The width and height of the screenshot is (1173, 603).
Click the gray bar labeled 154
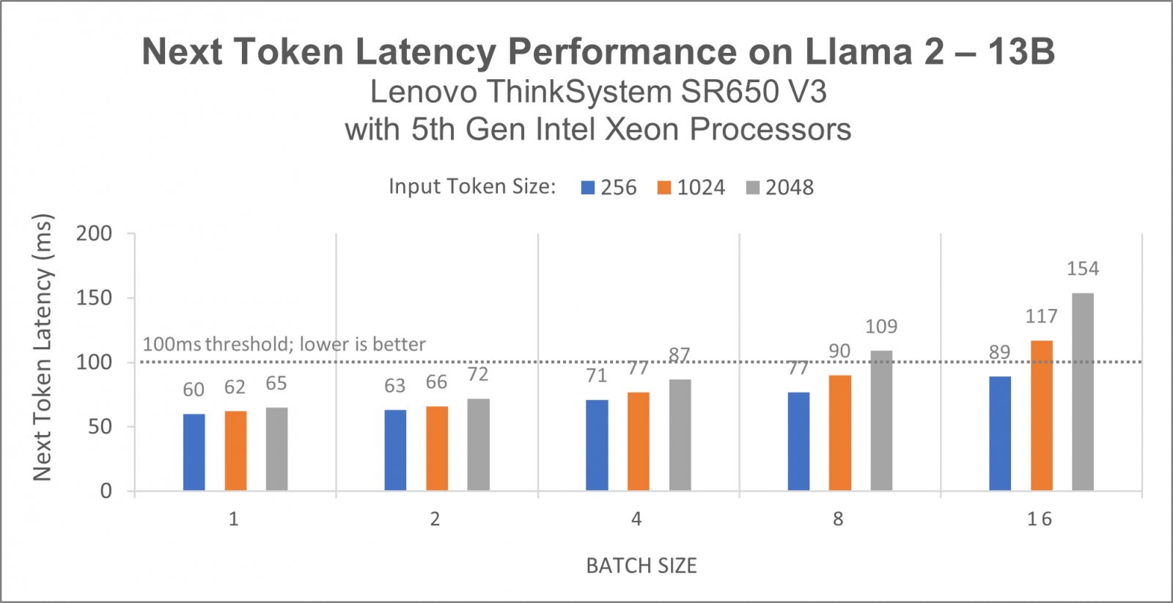point(1083,392)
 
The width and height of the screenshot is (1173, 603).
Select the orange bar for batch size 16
point(1041,415)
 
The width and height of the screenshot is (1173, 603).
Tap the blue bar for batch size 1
point(194,452)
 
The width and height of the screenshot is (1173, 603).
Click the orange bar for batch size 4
point(638,441)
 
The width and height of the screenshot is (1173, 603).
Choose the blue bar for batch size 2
point(395,450)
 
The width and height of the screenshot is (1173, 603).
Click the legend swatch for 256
point(587,188)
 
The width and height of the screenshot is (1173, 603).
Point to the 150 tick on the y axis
point(94,298)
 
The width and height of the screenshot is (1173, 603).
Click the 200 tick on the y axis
point(94,233)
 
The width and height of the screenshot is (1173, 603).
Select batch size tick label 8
point(838,519)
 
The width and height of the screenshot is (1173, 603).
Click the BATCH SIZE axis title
point(641,566)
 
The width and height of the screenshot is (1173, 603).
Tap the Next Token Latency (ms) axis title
point(43,348)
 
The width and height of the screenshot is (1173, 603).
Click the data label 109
point(881,326)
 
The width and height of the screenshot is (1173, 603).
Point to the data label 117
point(1041,316)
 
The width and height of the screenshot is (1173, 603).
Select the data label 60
point(194,390)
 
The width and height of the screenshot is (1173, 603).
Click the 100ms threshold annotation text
point(284,344)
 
